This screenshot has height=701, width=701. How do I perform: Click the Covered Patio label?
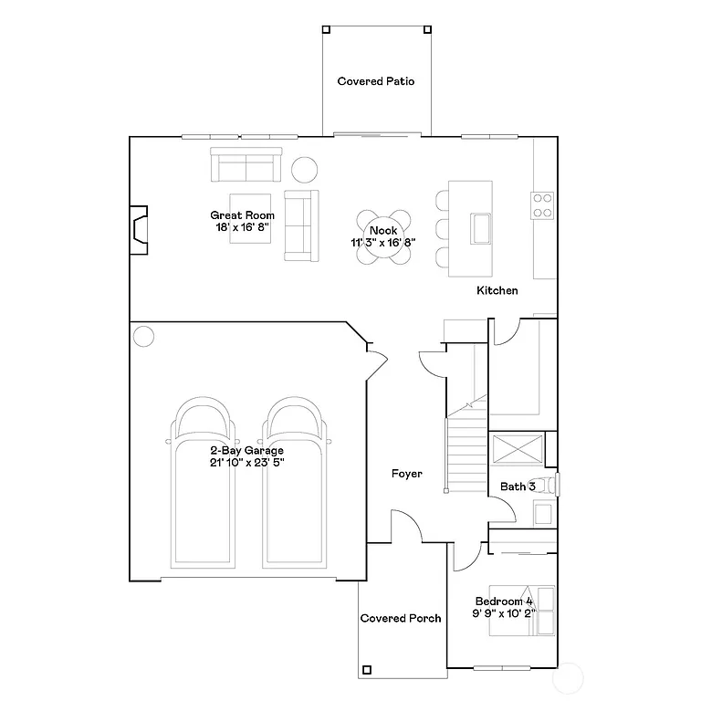[x=376, y=81]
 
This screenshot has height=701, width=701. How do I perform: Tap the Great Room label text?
[x=242, y=215]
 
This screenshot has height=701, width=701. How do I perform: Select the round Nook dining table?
[x=383, y=237]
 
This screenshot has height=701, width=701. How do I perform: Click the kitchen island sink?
[x=480, y=227]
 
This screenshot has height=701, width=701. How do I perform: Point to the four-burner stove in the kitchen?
[x=542, y=205]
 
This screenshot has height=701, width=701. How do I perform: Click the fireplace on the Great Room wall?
[x=139, y=228]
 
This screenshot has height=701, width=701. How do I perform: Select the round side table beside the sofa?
[x=304, y=169]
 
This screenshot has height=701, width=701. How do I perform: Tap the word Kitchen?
[x=497, y=290]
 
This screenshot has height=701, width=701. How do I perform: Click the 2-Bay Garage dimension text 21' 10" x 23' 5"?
[x=246, y=463]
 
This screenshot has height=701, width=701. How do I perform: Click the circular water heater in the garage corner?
[x=143, y=336]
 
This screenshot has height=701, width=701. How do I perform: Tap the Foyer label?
[x=406, y=474]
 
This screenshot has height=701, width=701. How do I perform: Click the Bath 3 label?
[x=517, y=487]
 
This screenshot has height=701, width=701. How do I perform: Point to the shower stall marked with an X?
[x=516, y=450]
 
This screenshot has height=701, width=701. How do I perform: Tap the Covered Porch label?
[x=401, y=618]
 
